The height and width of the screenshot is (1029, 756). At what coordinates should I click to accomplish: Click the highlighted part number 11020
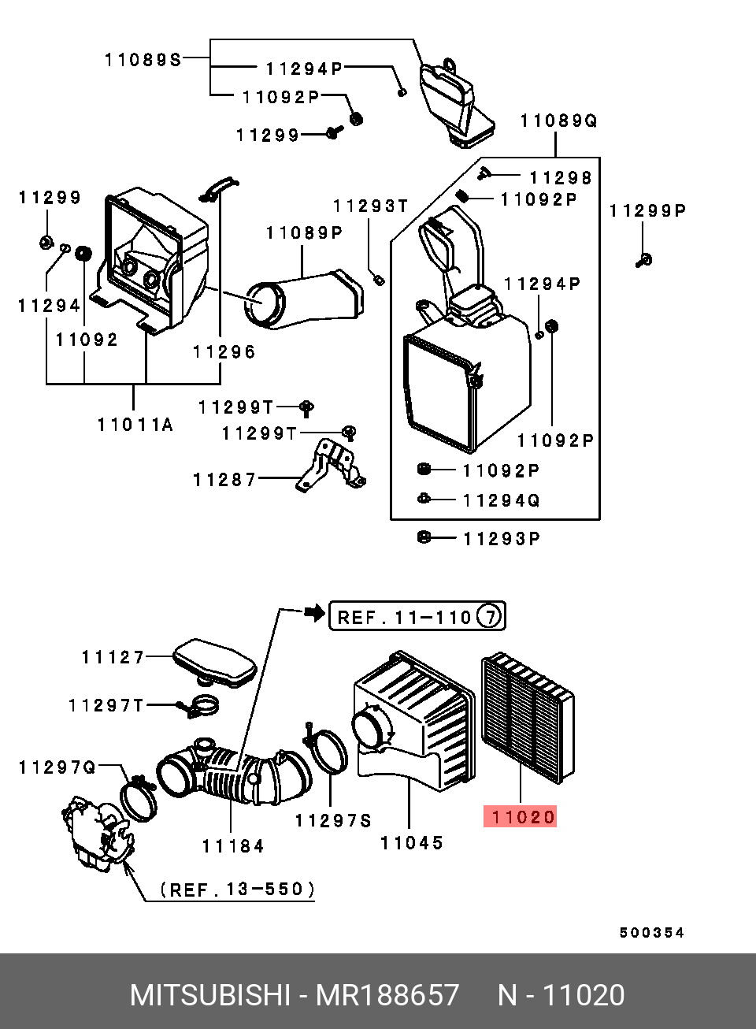pos(521,817)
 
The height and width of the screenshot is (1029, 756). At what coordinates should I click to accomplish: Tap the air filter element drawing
pos(528,719)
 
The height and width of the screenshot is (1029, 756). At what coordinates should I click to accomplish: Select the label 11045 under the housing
pos(412,842)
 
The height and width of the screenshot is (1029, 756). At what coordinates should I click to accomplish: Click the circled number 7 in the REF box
pos(490,616)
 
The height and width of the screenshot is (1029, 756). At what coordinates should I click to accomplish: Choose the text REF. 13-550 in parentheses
pos(237,890)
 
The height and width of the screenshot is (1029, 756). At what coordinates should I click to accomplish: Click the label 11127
pos(113,657)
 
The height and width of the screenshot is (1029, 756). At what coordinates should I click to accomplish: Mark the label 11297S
pos(333,821)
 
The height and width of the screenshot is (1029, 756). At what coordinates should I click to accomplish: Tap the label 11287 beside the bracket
pos(225,479)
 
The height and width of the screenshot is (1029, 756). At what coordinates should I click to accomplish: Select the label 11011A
pos(135,425)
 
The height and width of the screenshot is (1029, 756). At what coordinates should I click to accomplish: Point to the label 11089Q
pos(558,121)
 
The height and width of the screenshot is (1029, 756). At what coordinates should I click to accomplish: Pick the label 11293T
pos(370,206)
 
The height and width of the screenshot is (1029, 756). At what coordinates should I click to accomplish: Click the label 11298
pos(560,178)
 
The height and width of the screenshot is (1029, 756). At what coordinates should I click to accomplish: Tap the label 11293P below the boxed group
pos(502,539)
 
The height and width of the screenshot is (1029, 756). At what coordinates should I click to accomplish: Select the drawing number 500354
pos(651,933)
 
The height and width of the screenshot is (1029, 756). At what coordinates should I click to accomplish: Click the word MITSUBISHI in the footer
pos(209,995)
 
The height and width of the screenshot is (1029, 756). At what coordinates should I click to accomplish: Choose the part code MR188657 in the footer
pos(387,995)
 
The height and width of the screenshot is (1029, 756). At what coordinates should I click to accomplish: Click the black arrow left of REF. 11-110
pos(314,611)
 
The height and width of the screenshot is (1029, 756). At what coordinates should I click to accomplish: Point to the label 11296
pos(224,351)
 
